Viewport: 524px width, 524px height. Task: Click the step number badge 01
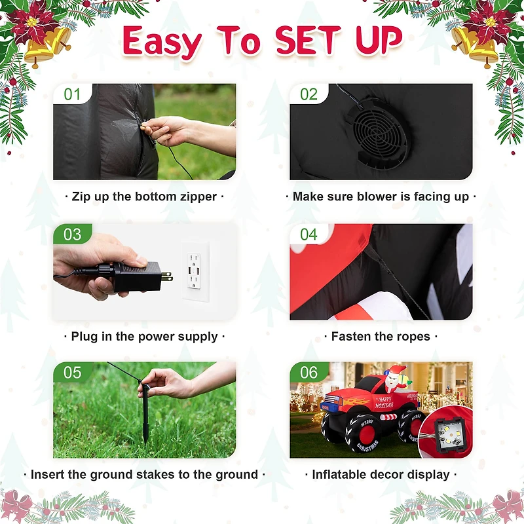click(72, 94)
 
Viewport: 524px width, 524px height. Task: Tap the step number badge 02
click(309, 94)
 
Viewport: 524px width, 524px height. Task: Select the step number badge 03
click(72, 234)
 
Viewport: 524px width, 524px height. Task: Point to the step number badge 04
click(309, 234)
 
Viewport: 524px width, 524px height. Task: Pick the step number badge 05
click(72, 373)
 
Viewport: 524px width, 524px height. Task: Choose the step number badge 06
click(309, 373)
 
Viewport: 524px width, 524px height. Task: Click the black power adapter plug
click(138, 276)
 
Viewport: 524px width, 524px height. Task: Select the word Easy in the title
click(162, 42)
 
